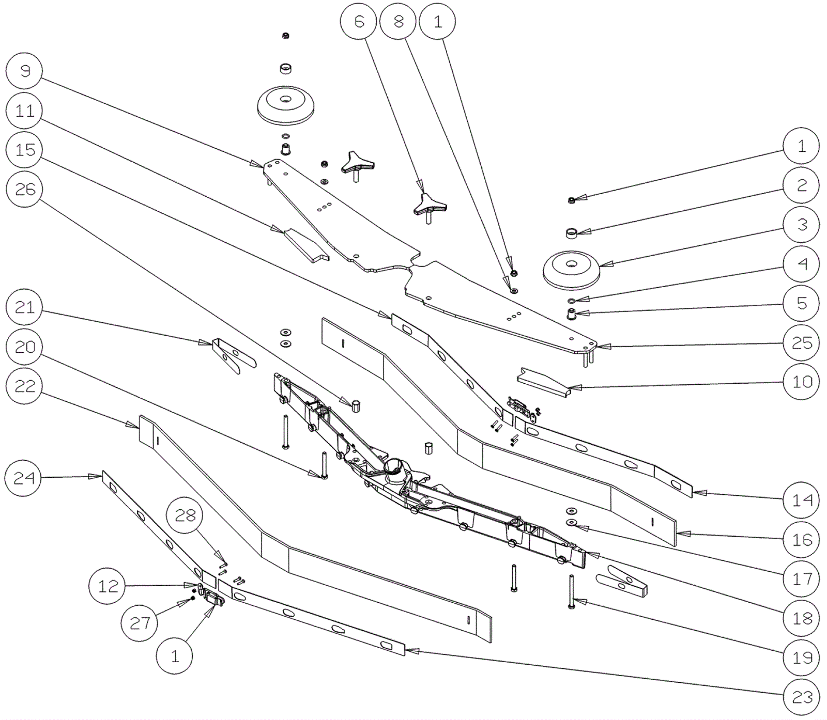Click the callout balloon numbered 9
pyautogui.click(x=25, y=71)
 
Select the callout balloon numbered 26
pyautogui.click(x=25, y=189)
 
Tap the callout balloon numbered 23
pyautogui.click(x=802, y=697)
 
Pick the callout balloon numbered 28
pyautogui.click(x=186, y=515)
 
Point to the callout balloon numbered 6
pyautogui.click(x=359, y=21)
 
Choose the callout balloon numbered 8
pyautogui.click(x=399, y=21)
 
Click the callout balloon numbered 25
pyautogui.click(x=802, y=342)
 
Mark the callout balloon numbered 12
pyautogui.click(x=108, y=586)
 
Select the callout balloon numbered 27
pyautogui.click(x=140, y=623)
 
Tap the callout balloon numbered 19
pyautogui.click(x=802, y=658)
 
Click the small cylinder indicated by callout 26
pyautogui.click(x=356, y=405)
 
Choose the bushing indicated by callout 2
pyautogui.click(x=571, y=234)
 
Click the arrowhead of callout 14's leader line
pyautogui.click(x=694, y=493)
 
